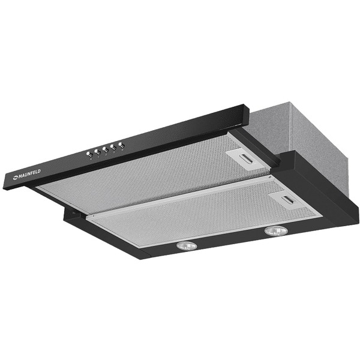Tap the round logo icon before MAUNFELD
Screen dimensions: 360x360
[16, 177]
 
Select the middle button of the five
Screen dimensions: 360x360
[106, 150]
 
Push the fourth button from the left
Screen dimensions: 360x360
[113, 148]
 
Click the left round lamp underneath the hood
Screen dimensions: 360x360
[187, 246]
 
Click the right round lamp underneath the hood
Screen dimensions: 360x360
[276, 231]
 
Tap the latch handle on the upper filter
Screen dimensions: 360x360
[247, 158]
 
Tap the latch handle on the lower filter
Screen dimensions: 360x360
[289, 200]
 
